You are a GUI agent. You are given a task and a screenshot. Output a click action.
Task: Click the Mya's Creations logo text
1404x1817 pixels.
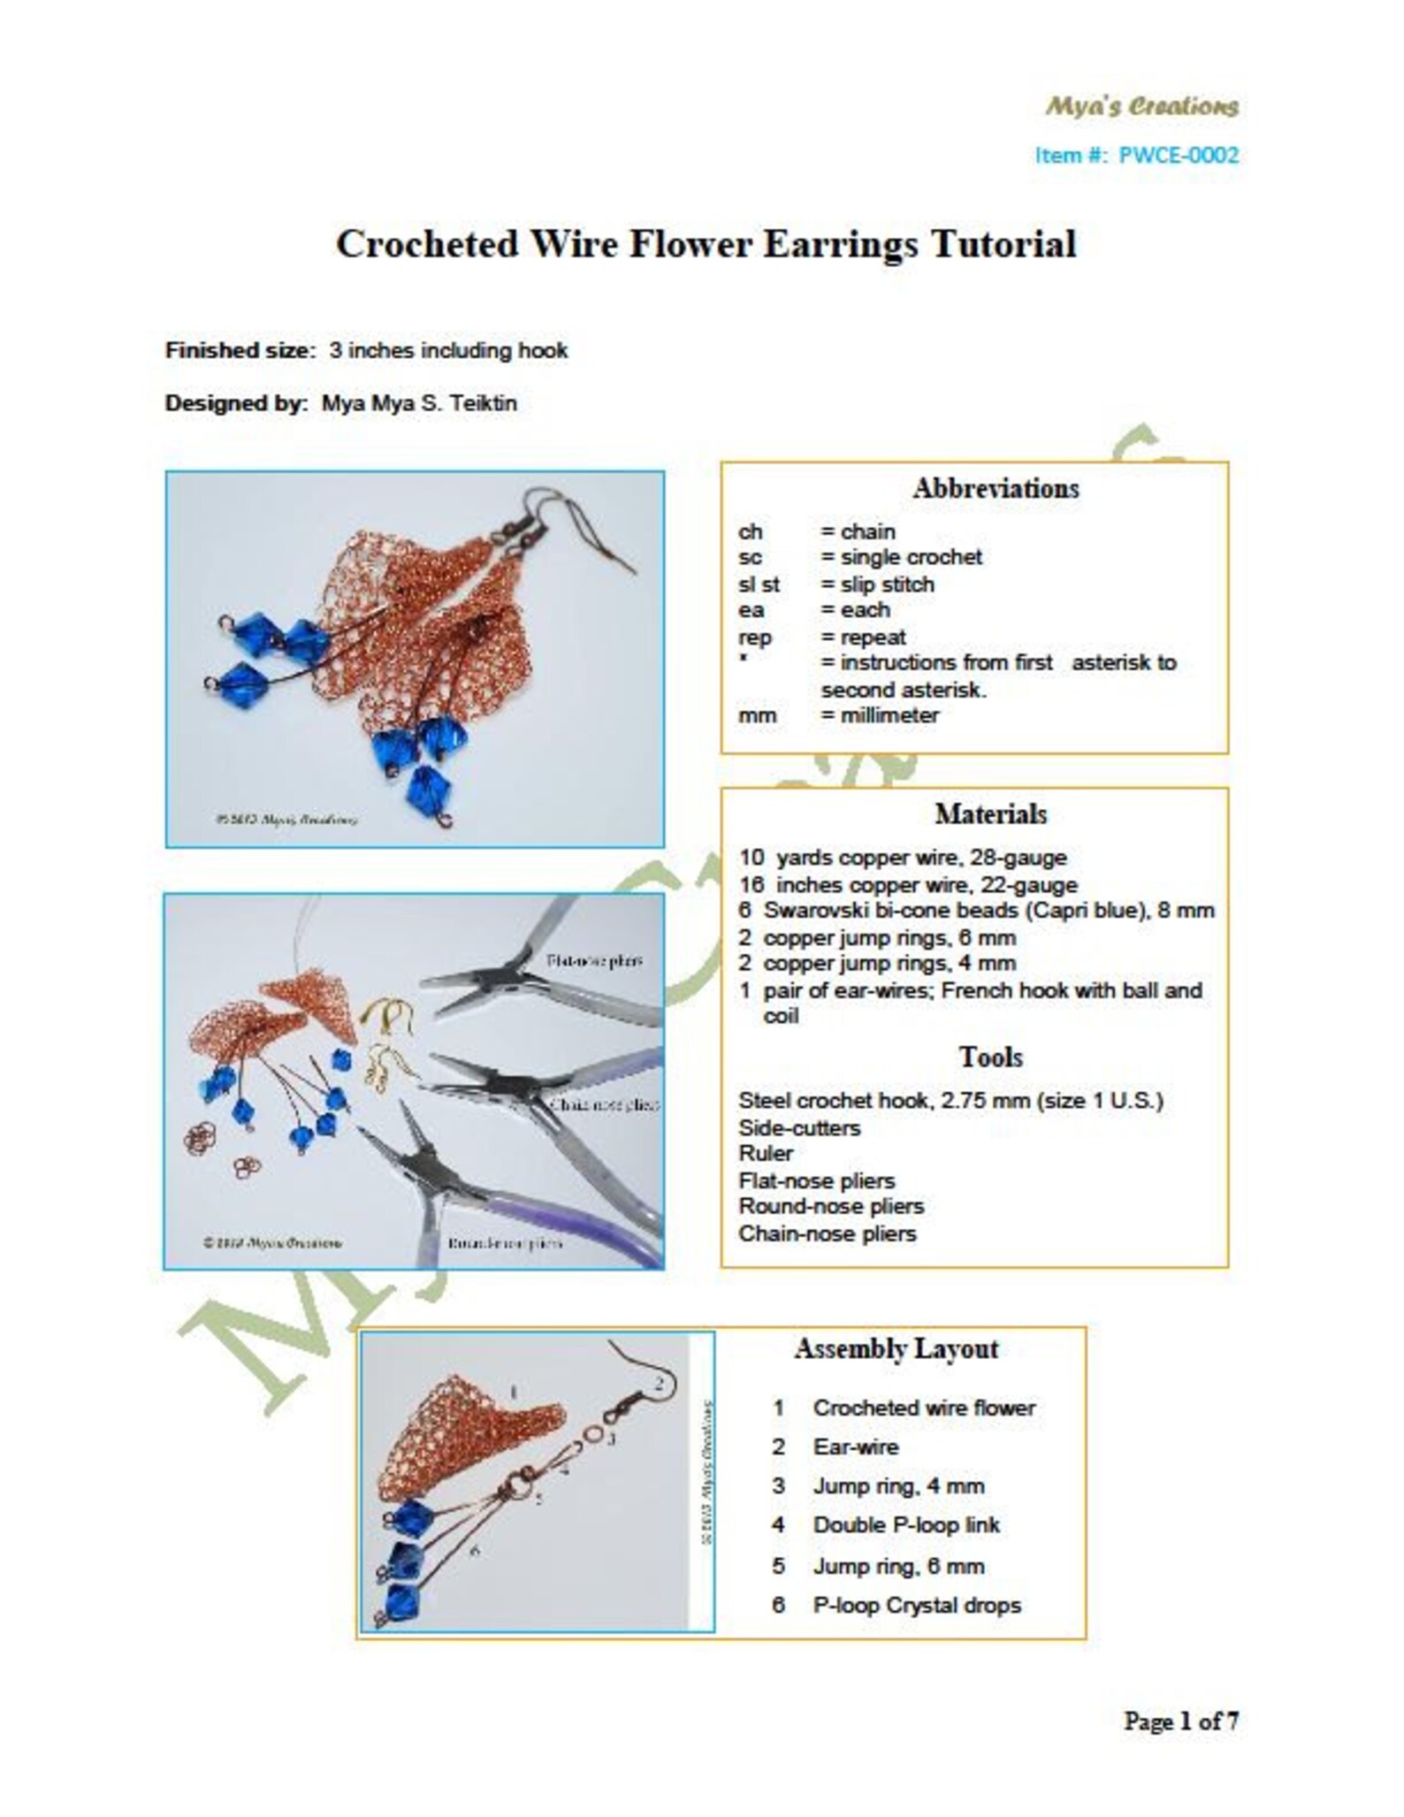click(1141, 107)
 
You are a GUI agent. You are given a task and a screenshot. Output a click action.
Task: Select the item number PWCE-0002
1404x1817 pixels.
click(1178, 156)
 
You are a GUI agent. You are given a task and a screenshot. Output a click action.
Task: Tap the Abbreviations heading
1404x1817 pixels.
click(996, 489)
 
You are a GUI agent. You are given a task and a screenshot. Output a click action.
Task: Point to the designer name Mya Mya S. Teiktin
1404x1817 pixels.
click(418, 404)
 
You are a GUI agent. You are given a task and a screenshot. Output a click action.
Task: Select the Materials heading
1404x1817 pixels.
click(990, 814)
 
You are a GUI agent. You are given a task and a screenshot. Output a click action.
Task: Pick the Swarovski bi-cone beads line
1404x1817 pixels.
click(976, 911)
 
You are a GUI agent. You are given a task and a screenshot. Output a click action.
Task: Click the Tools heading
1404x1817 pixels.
click(990, 1057)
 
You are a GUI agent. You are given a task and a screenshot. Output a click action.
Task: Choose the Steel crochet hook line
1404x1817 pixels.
click(950, 1101)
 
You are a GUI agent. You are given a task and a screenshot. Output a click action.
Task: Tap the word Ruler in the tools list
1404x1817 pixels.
click(766, 1154)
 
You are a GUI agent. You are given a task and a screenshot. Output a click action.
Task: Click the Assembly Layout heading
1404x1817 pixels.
click(896, 1349)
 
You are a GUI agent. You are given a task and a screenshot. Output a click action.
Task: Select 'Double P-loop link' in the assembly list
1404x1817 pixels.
click(905, 1525)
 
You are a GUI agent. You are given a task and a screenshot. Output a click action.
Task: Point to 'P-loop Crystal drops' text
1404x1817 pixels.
click(916, 1606)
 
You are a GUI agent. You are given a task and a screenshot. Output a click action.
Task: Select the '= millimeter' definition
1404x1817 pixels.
click(879, 715)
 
